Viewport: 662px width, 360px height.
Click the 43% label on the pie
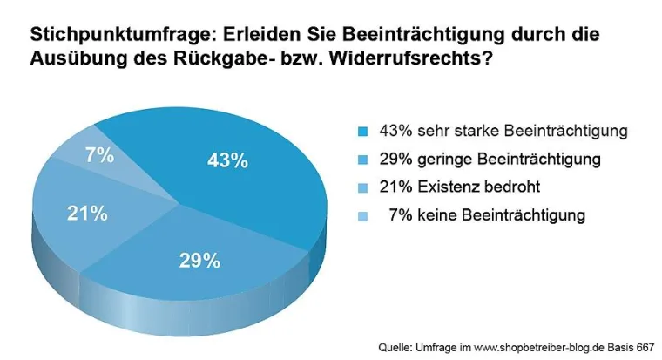[227, 160]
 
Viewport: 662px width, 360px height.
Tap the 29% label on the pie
[199, 260]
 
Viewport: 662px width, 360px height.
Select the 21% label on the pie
[87, 212]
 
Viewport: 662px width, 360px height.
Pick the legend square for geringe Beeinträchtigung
[362, 160]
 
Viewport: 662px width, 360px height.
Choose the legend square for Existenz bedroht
[362, 187]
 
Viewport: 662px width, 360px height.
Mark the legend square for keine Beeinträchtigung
[362, 214]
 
